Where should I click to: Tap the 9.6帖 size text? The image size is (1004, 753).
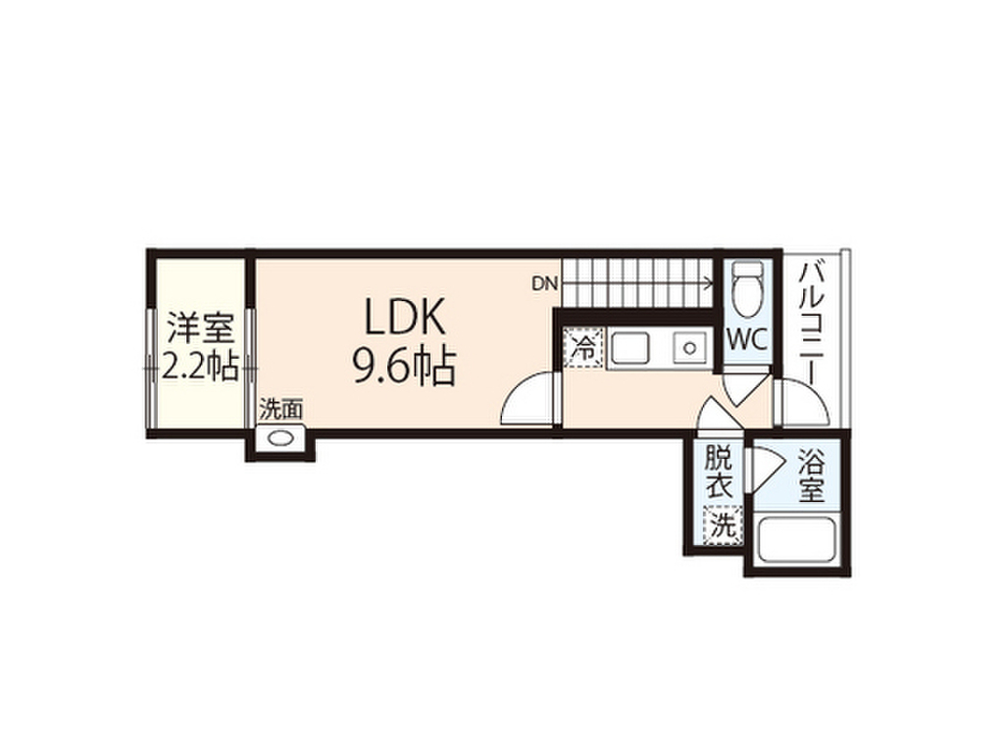pyautogui.click(x=403, y=367)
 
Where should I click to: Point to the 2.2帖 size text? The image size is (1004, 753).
pyautogui.click(x=199, y=367)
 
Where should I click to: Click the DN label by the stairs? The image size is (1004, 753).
pyautogui.click(x=544, y=284)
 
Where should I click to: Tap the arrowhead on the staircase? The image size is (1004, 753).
pyautogui.click(x=707, y=284)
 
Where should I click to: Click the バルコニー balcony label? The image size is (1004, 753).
pyautogui.click(x=813, y=319)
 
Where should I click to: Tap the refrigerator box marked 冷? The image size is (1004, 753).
pyautogui.click(x=585, y=347)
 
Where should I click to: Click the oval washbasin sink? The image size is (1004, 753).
pyautogui.click(x=281, y=439)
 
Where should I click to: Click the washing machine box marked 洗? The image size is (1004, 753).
pyautogui.click(x=721, y=525)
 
